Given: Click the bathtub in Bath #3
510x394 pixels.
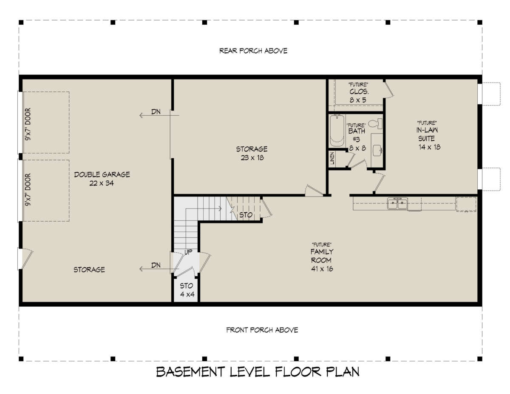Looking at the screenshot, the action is coord(337,130).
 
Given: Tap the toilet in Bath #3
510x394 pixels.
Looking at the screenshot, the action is coord(375,124).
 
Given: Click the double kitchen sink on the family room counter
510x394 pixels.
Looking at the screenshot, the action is coord(397,203).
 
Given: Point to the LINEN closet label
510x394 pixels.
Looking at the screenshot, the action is coord(332,158).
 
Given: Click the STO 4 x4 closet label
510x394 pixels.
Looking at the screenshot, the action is coord(187,290).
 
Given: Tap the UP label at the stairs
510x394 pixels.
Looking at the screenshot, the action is coord(188,252).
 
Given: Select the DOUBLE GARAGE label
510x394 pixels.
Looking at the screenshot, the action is coord(102,174).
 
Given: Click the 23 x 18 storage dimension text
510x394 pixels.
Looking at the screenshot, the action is coord(252,157).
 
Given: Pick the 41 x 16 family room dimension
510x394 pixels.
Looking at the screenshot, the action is coord(322,268).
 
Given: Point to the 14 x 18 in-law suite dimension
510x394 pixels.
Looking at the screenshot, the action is coord(429,147).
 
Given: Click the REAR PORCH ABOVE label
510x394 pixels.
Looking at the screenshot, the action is coord(253,51).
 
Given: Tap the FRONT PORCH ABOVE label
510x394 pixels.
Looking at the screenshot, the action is coord(262,330).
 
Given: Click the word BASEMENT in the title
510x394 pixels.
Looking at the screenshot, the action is coord(190,372).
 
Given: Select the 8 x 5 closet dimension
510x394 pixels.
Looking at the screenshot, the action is coord(358,100).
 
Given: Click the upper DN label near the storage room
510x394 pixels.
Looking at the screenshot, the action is coord(156,111).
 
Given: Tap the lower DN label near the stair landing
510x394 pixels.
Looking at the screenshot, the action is coord(156,265).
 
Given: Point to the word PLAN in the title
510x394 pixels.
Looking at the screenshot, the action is coord(343,372).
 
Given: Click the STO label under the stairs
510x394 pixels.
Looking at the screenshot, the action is coord(246,215).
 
